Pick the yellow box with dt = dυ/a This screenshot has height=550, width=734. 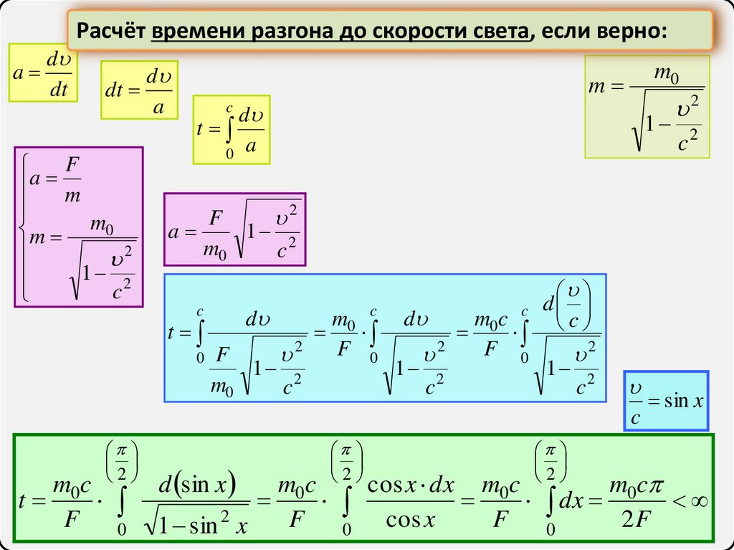click(139, 90)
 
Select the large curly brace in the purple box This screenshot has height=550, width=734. click(25, 226)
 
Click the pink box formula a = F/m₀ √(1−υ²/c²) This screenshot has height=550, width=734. click(234, 229)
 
